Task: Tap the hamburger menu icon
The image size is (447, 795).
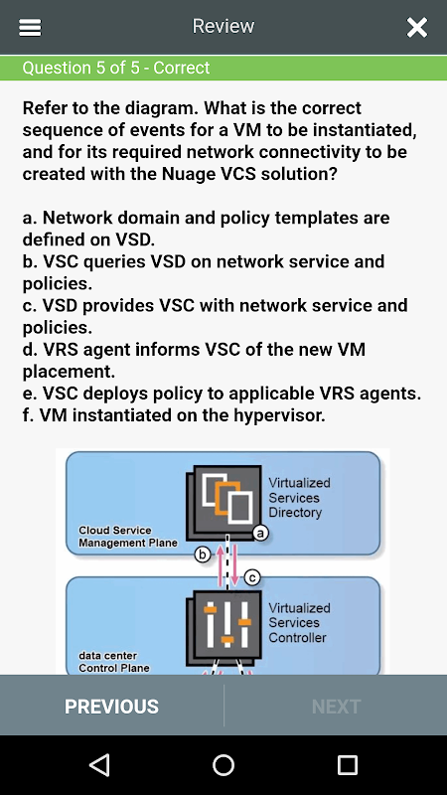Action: point(30,28)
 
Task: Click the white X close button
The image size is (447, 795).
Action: point(417,28)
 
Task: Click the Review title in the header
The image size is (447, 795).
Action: point(223,26)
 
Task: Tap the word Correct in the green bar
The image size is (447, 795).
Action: point(182,68)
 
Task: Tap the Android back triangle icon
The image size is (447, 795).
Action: point(100,764)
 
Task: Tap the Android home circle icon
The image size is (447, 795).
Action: point(223,764)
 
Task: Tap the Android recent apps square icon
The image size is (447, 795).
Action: point(348,764)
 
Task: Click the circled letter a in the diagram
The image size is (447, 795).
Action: point(260,534)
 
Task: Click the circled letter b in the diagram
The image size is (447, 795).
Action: point(203,556)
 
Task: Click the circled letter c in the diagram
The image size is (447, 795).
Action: point(252,577)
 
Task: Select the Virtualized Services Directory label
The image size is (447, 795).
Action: point(299,498)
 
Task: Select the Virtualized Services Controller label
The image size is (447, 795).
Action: point(299,622)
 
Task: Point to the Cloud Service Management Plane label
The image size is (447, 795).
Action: point(128,537)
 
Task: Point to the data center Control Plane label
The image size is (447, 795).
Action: point(114,662)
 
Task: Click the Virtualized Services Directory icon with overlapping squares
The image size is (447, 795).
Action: point(223,501)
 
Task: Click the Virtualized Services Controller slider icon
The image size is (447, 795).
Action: point(223,627)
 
